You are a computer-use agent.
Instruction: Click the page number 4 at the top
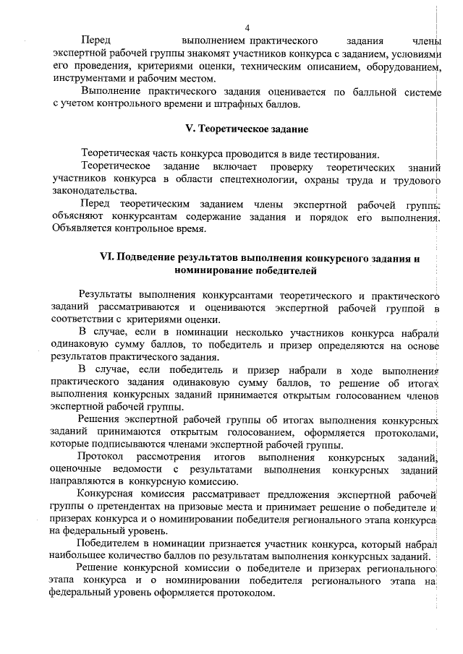tap(247, 27)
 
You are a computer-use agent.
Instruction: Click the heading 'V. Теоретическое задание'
tap(247, 129)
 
